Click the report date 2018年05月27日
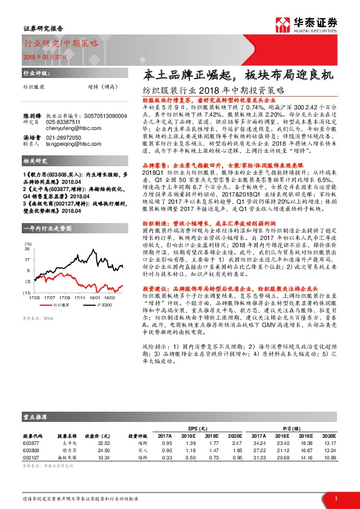pyautogui.click(x=42, y=55)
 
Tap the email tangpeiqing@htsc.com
pyautogui.click(x=73, y=145)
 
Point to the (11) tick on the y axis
pyautogui.click(x=28, y=293)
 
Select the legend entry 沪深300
pyautogui.click(x=102, y=306)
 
